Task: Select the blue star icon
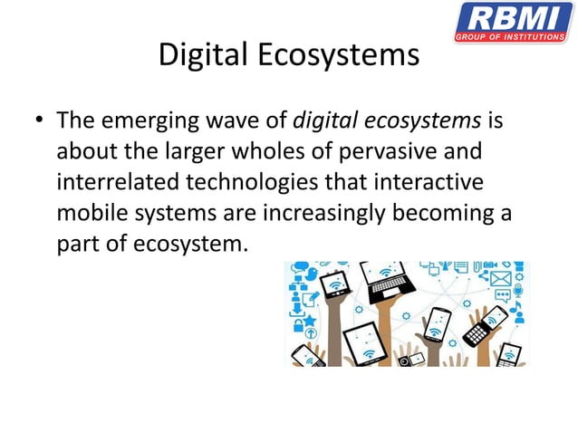(x=311, y=320)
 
